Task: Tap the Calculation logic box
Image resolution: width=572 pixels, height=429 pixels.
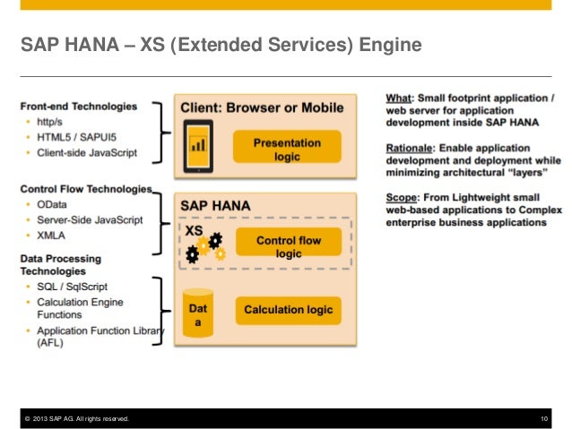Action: (288, 310)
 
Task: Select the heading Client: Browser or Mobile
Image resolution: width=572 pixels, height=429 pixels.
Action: (262, 107)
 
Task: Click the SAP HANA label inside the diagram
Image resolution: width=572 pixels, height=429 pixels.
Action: (216, 205)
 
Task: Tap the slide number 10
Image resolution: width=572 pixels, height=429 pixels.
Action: (544, 419)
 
